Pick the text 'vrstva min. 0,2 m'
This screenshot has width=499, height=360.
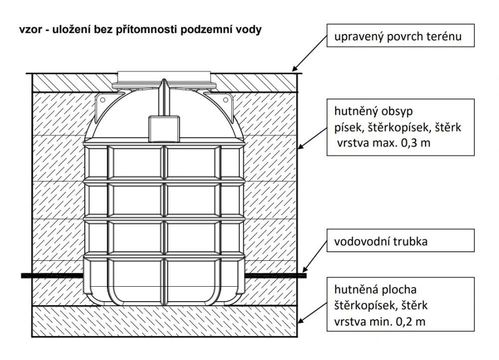coord(377,321)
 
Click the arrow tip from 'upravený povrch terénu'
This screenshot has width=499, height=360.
coord(293,69)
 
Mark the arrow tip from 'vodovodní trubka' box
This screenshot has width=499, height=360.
coord(303,272)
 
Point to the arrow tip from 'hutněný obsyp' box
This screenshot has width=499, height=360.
coord(298,148)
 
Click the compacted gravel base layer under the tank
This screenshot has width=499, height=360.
coord(165,322)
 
